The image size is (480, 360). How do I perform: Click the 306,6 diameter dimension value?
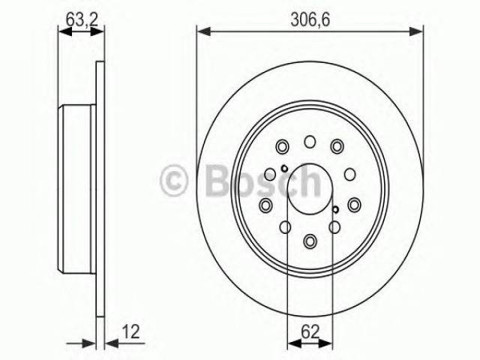[x=310, y=20]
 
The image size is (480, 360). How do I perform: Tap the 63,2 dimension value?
[x=82, y=19]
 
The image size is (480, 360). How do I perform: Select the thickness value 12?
[x=131, y=331]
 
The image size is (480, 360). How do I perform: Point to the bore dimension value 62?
[x=310, y=331]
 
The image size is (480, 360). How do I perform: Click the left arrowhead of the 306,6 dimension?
[x=203, y=31]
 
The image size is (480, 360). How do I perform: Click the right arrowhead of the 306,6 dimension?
[x=416, y=31]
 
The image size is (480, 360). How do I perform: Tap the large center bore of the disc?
[x=310, y=189]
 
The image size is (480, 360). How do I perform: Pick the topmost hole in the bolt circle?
[x=310, y=142]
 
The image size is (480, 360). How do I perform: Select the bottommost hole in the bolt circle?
[x=310, y=241]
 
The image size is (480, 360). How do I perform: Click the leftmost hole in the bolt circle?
[x=265, y=205]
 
